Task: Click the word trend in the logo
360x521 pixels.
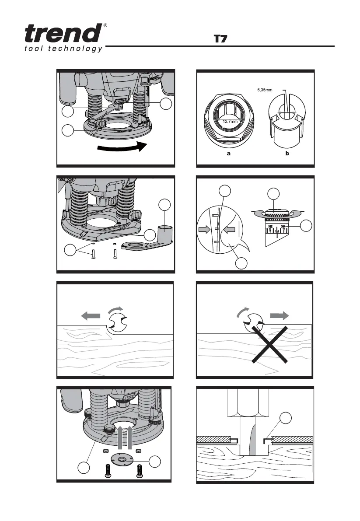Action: click(x=63, y=33)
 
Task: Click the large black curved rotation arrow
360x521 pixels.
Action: click(x=122, y=147)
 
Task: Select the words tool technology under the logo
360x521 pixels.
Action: click(x=63, y=49)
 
